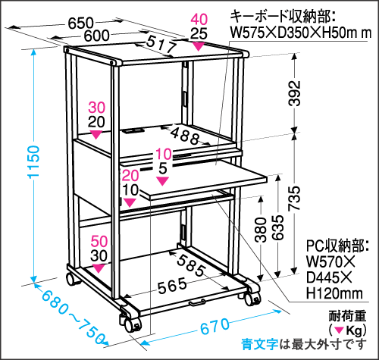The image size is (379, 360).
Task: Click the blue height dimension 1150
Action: click(34, 162)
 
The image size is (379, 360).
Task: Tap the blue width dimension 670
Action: click(215, 326)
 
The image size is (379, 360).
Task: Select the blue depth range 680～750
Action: click(73, 316)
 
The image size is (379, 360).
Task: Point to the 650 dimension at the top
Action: click(81, 23)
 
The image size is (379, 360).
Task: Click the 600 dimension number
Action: click(96, 36)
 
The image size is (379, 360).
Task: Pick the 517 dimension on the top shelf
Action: click(161, 44)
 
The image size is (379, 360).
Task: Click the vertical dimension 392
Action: click(294, 93)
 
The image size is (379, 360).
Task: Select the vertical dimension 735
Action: click(294, 198)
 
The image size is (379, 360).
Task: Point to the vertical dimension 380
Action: click(261, 230)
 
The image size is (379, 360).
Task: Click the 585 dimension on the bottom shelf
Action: click(190, 265)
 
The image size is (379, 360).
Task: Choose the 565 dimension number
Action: click(172, 286)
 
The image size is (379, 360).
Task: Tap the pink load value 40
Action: click(199, 20)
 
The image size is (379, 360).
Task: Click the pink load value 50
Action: click(99, 242)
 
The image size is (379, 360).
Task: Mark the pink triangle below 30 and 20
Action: click(96, 134)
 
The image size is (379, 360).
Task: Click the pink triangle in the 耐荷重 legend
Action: click(340, 330)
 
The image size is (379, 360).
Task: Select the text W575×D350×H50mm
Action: click(301, 33)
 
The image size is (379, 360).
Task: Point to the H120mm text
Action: click(334, 293)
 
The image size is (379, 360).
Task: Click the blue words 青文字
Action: click(260, 344)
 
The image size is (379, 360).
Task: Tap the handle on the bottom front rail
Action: click(198, 302)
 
